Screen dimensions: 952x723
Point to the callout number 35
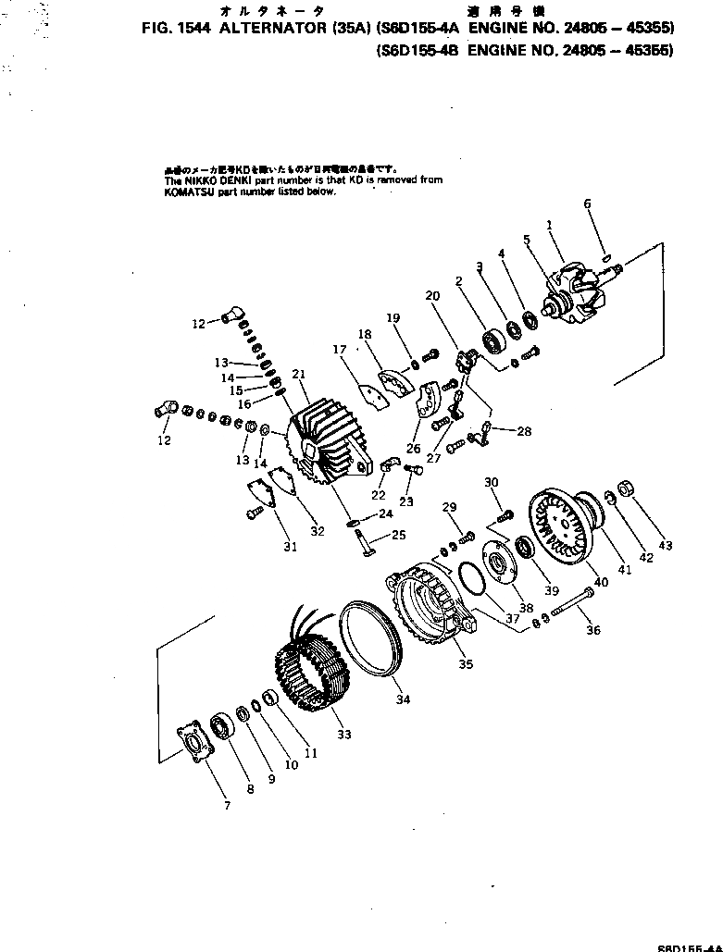point(465,662)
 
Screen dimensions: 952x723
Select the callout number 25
point(399,535)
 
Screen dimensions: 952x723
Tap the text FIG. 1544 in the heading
point(178,28)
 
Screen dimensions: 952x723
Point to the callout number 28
point(525,431)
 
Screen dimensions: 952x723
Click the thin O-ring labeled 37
point(470,579)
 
